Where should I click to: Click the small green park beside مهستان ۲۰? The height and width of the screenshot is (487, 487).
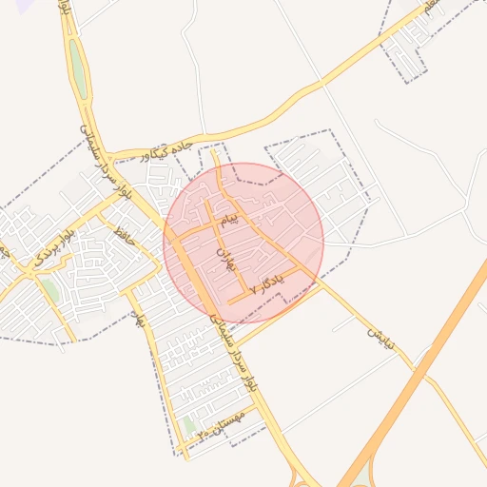tap(188, 426)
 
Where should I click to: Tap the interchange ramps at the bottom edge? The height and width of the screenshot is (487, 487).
tap(314, 476)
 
